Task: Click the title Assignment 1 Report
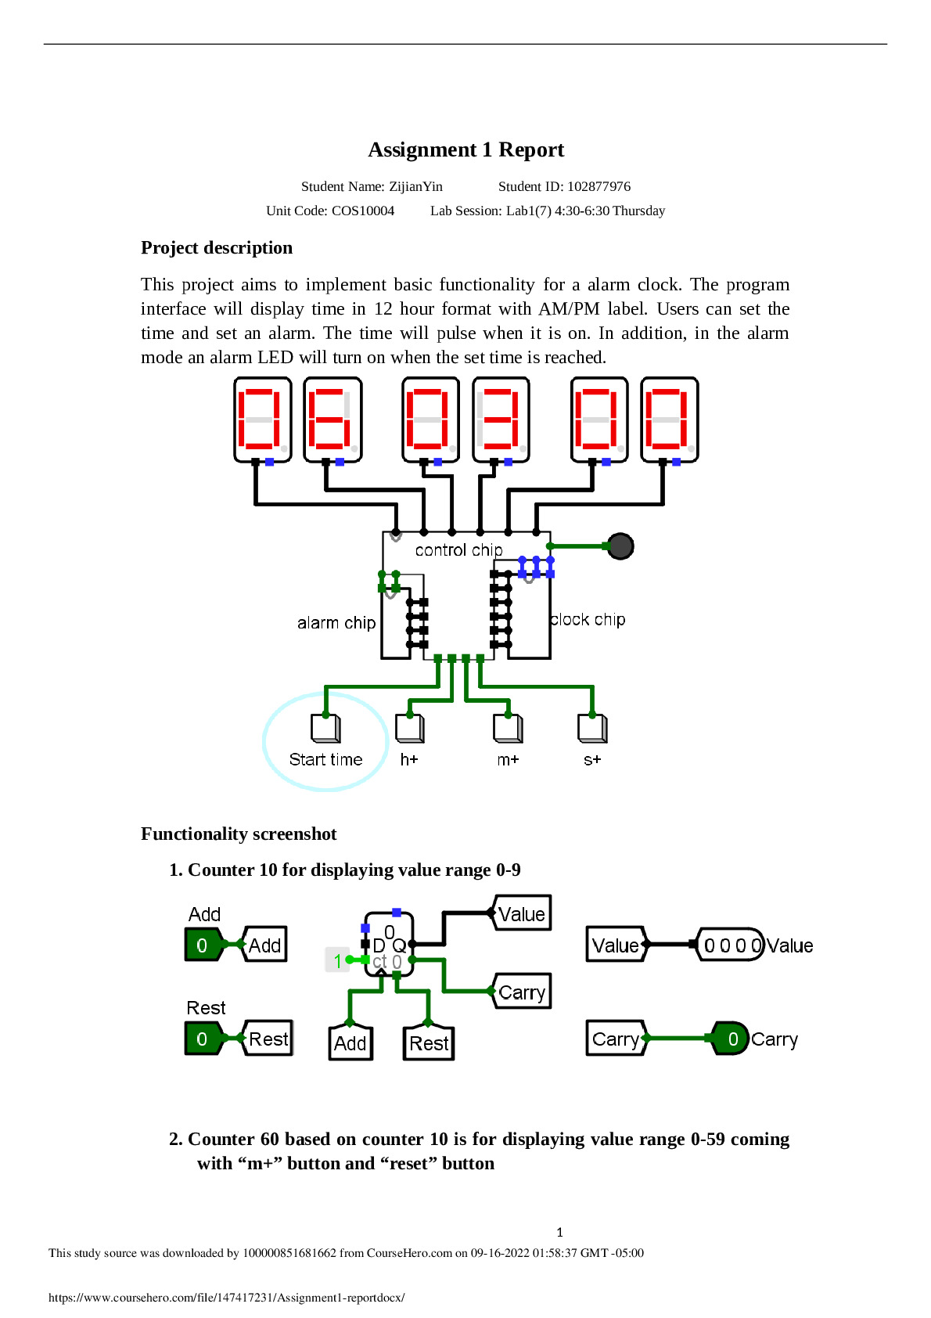(465, 149)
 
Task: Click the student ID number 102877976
(598, 186)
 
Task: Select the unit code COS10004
(363, 211)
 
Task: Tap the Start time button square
(325, 729)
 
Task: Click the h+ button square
(409, 729)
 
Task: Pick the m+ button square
(508, 729)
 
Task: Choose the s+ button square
(592, 729)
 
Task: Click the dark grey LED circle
(620, 546)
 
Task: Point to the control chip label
(458, 550)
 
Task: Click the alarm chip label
(336, 622)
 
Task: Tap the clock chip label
(588, 619)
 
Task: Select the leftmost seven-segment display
(262, 420)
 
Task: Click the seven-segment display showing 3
(501, 420)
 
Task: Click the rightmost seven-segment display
(669, 420)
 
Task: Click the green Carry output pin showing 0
(729, 1039)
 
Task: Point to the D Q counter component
(388, 945)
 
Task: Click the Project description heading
(217, 248)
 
